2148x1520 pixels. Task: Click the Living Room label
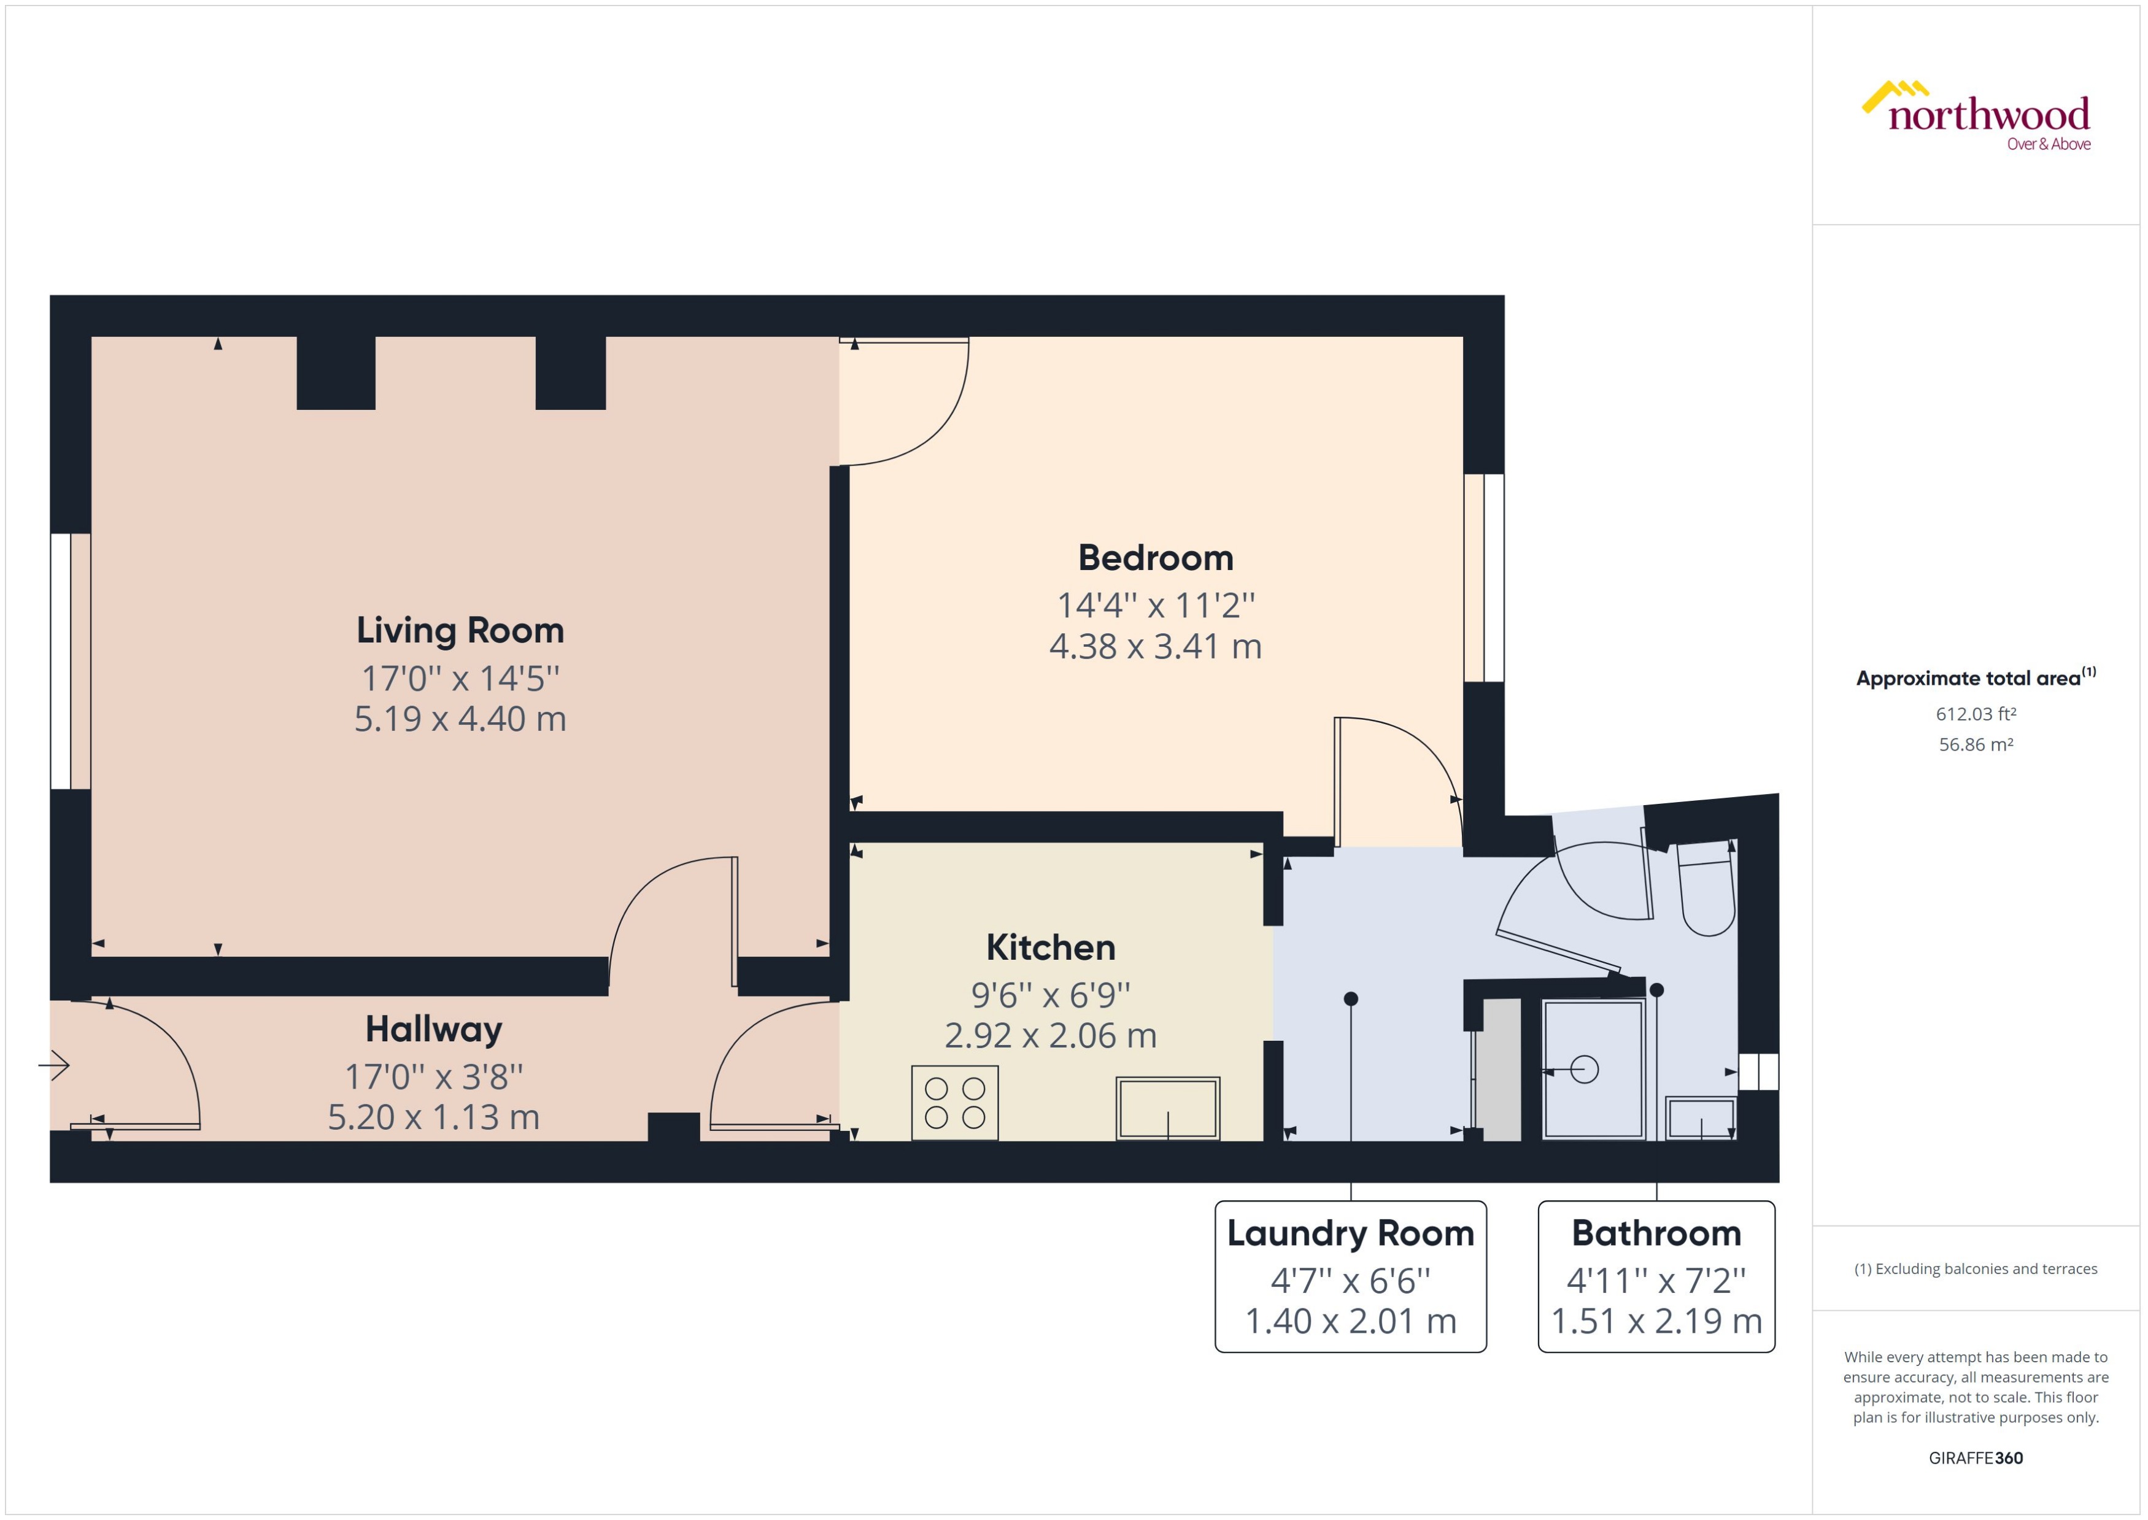460,630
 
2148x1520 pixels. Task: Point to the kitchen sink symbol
1167,1108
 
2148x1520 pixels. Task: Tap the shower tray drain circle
1585,1069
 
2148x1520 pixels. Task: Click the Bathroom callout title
1656,1233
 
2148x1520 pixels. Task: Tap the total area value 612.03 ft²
1975,714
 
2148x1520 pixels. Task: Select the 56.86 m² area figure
1975,745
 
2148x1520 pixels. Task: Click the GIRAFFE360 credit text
1975,1458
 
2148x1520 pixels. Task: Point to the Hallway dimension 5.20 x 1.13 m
433,1117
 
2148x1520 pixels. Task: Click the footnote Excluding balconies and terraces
1975,1269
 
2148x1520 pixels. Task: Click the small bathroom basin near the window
1701,1119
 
